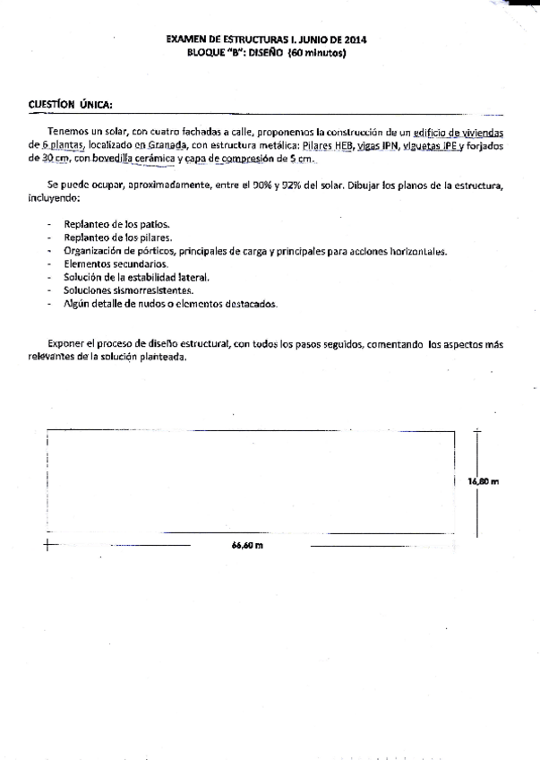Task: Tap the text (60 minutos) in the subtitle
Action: point(316,54)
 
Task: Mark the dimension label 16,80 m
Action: point(483,481)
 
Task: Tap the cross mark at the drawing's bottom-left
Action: point(47,543)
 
